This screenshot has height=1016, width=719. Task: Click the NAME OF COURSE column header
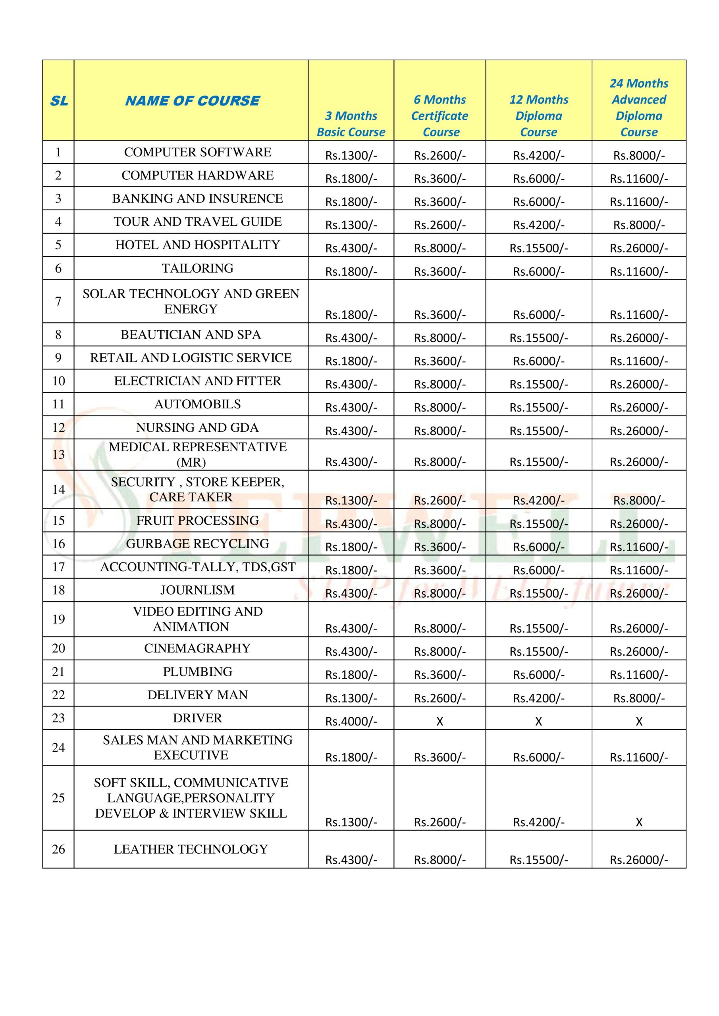click(192, 101)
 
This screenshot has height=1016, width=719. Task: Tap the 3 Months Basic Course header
click(351, 124)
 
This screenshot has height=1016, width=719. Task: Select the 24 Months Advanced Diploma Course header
click(638, 108)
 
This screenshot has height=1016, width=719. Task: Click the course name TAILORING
click(197, 268)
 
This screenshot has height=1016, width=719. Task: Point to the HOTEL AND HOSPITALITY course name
click(197, 245)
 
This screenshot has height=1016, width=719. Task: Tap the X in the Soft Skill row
click(638, 822)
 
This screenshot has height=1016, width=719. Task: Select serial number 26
click(58, 849)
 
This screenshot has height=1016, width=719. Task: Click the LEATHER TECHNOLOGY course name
click(191, 849)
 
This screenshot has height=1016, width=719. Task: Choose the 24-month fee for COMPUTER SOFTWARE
click(638, 155)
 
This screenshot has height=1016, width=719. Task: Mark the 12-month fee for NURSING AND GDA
click(538, 431)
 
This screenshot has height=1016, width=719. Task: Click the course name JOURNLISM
click(197, 590)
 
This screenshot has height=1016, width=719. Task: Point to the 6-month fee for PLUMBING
click(439, 675)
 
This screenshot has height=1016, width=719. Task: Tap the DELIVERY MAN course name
click(197, 695)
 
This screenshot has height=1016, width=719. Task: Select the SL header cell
click(58, 101)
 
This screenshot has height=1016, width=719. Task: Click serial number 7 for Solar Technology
click(58, 301)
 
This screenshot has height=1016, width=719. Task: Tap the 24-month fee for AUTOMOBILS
click(638, 407)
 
